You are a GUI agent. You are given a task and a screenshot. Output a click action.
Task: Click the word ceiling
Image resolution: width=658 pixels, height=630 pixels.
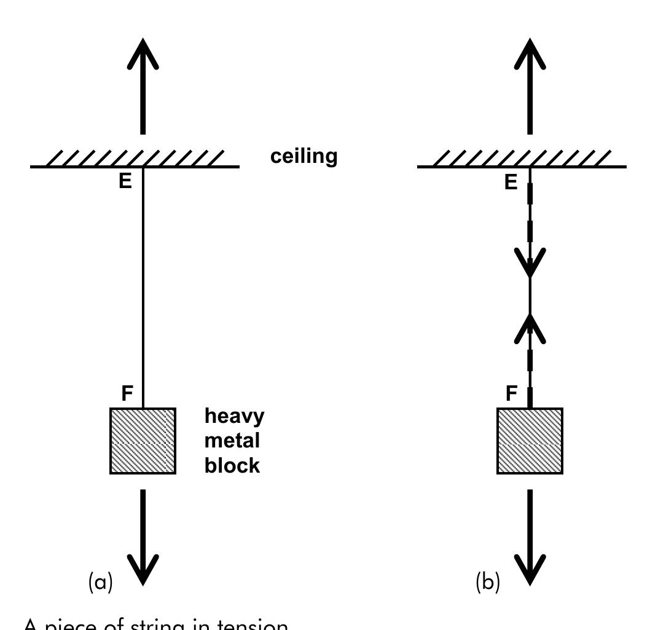(x=304, y=156)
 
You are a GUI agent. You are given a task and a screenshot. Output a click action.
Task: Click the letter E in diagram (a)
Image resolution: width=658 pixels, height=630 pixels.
(x=125, y=182)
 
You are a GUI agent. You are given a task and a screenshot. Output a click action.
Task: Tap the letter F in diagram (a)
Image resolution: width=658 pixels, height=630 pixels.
(x=127, y=393)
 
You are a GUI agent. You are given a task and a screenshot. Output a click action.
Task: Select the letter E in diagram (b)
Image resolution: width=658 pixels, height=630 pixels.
(x=511, y=183)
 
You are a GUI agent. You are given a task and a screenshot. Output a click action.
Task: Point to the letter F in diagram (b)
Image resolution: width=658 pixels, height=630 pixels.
(x=512, y=393)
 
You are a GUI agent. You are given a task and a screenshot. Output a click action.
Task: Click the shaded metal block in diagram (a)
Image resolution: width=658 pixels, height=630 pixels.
(x=143, y=441)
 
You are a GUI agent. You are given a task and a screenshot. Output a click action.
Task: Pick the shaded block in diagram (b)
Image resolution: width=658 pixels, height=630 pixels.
(x=530, y=441)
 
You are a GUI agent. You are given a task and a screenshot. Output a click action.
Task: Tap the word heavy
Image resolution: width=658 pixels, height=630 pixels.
(x=234, y=416)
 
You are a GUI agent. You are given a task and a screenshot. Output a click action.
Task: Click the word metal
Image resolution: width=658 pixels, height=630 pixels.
(x=232, y=441)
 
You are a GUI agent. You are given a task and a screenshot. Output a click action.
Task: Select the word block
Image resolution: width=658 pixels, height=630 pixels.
(x=232, y=465)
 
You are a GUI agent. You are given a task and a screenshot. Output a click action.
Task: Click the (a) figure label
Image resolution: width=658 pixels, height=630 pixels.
(x=100, y=581)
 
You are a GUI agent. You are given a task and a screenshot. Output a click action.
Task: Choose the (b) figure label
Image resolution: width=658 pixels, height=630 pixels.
(x=488, y=581)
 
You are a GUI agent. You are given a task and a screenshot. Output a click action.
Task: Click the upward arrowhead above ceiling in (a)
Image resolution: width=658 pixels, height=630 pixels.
(x=143, y=52)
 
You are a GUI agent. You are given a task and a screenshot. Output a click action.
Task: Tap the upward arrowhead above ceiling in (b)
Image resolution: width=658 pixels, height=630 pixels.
(x=530, y=52)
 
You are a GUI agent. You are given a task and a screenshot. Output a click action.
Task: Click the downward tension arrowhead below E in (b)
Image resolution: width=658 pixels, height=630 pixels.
(x=530, y=264)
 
